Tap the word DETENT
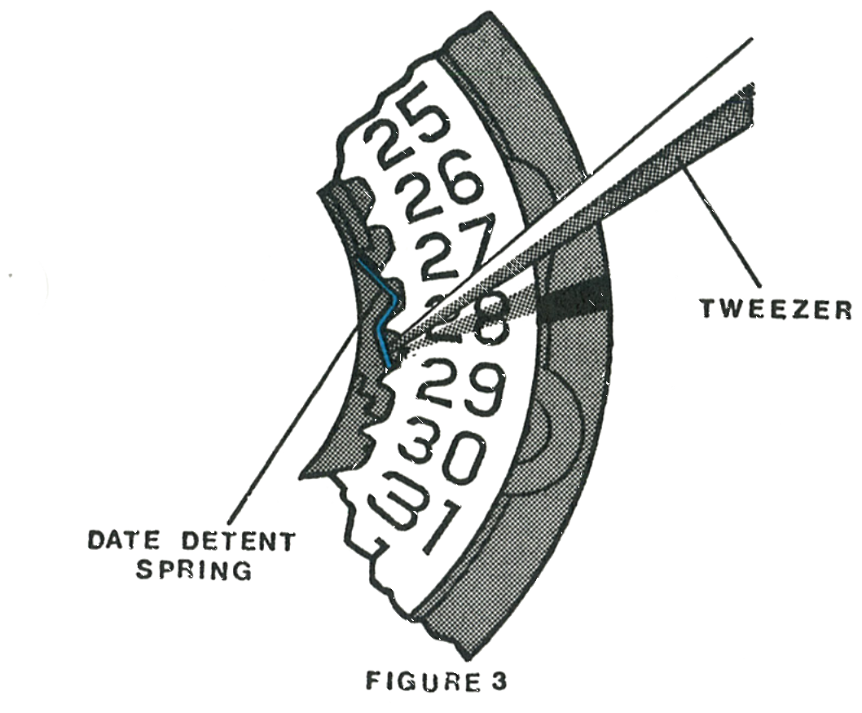click(x=235, y=542)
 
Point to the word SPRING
click(x=194, y=570)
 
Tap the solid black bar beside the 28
click(x=574, y=301)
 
